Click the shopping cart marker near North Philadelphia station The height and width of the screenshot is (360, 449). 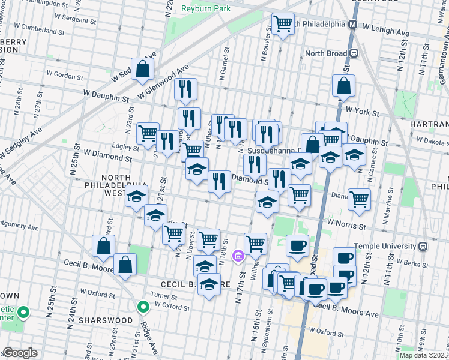(x=283, y=24)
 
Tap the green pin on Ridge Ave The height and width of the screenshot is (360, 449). (x=143, y=307)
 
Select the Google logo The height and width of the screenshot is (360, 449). (x=20, y=353)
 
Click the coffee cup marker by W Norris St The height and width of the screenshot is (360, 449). (x=297, y=245)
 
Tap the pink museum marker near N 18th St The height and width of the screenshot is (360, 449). (x=238, y=256)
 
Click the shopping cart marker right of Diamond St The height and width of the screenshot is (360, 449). (x=359, y=199)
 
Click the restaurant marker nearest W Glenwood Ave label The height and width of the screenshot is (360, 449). (x=186, y=89)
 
